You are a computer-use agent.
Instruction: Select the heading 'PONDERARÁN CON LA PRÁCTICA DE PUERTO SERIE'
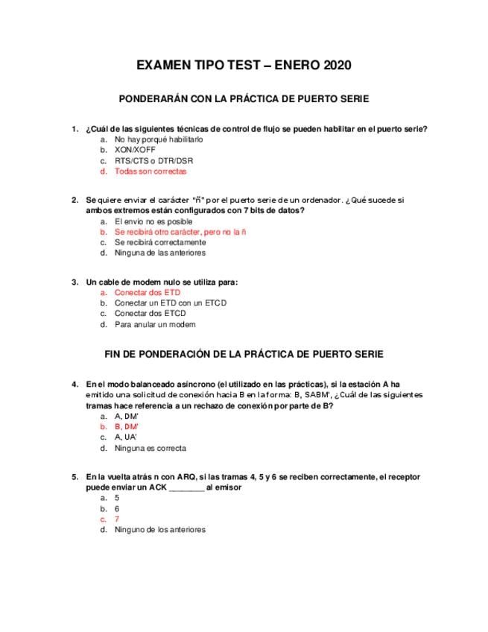pos(244,99)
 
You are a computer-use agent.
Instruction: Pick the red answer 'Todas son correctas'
pos(150,171)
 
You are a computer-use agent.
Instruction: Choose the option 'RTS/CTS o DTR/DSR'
pos(154,161)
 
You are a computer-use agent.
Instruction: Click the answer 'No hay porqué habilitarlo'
pos(159,139)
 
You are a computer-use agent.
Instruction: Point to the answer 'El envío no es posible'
pos(153,221)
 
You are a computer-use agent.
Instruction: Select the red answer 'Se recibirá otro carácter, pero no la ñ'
pos(180,232)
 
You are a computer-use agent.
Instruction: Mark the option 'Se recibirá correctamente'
pos(160,242)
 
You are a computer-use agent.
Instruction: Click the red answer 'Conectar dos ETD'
pos(148,293)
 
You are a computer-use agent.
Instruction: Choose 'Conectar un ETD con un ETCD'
pos(171,303)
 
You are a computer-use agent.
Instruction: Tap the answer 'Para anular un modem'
pos(155,324)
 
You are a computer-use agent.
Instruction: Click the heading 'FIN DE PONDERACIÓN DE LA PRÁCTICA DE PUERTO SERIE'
pos(244,354)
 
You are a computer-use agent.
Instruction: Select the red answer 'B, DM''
pos(127,427)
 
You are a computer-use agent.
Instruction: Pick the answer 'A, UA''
pos(127,437)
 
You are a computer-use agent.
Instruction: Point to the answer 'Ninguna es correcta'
pos(150,449)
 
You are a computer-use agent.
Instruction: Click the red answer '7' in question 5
pos(117,519)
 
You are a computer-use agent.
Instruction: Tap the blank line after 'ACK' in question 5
pos(186,487)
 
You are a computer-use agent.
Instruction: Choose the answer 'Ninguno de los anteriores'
pos(160,530)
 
